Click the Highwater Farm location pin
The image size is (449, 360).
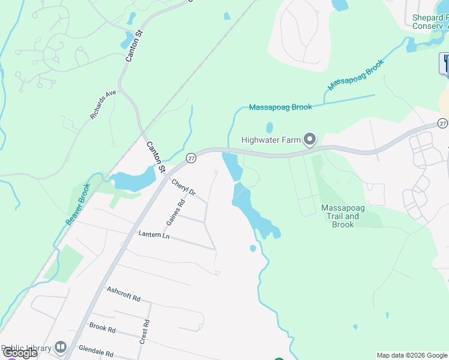point(310,140)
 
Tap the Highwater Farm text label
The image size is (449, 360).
point(271,140)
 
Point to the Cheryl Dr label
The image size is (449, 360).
point(184,187)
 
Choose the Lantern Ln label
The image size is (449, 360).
point(154,235)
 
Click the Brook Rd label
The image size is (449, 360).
point(102,328)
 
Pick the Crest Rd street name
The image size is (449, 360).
point(144,332)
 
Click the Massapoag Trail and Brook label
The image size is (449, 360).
point(343,216)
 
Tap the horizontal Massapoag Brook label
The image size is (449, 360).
point(280,107)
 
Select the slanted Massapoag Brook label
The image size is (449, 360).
point(355,76)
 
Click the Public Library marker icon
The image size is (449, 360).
point(60,347)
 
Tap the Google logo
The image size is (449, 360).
point(20,353)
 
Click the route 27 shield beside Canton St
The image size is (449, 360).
point(191,158)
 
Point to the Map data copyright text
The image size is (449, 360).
point(412,355)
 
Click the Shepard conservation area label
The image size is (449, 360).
point(430,22)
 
